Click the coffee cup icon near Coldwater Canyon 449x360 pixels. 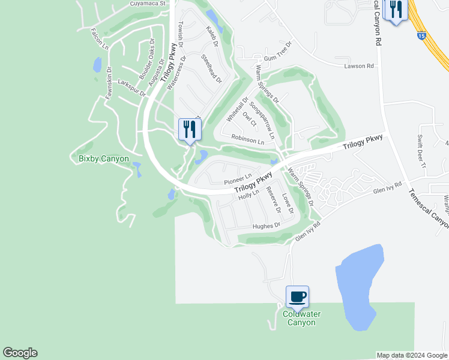click(x=298, y=296)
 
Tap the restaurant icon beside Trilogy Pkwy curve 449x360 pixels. click(x=190, y=129)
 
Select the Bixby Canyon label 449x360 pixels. click(x=104, y=158)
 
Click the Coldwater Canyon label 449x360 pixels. click(x=301, y=318)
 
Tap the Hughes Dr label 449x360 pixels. click(x=267, y=226)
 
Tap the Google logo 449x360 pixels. click(x=20, y=353)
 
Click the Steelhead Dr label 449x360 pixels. click(x=211, y=69)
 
